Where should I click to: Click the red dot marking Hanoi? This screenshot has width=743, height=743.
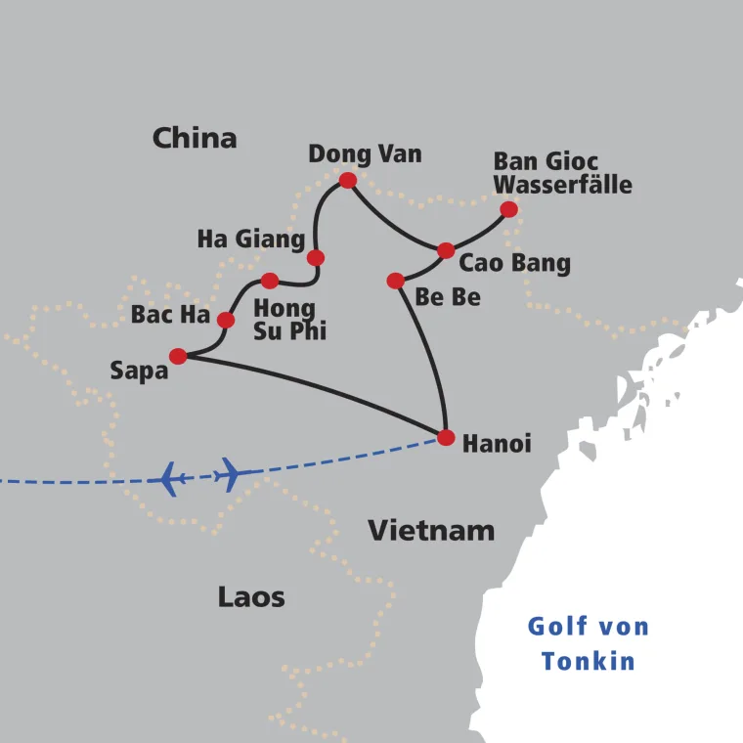(x=446, y=437)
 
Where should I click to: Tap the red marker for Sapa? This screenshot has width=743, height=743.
(x=178, y=356)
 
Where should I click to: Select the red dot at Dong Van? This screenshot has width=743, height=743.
(x=347, y=180)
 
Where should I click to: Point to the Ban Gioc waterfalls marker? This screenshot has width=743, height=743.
(x=508, y=209)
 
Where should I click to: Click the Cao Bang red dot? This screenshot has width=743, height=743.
(x=446, y=250)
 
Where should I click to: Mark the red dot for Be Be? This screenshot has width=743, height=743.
(x=395, y=281)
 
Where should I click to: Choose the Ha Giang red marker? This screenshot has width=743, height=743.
(x=316, y=258)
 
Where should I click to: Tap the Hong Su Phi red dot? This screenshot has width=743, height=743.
(x=270, y=281)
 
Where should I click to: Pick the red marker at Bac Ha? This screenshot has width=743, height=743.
(x=226, y=320)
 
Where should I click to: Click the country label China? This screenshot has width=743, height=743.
(x=195, y=138)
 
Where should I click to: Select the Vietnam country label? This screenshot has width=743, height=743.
(x=431, y=531)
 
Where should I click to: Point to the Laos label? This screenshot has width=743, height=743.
(x=251, y=597)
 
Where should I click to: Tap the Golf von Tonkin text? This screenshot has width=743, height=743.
(x=589, y=643)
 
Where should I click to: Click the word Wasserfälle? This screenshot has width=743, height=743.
(x=562, y=185)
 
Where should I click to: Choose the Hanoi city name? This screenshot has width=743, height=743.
(x=497, y=444)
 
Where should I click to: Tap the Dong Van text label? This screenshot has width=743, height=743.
(x=365, y=153)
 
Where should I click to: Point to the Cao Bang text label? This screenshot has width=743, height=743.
(x=514, y=263)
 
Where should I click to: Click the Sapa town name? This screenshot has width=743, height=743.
(x=140, y=371)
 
